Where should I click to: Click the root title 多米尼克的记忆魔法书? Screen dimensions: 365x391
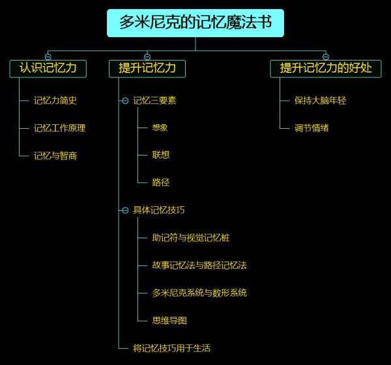pos(195,23)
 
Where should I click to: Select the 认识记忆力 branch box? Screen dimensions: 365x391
pos(48,68)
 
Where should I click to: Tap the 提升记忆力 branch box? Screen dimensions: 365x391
pos(147,68)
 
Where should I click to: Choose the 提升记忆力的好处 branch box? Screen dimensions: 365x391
pos(326,68)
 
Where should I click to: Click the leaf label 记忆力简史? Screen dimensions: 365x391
pos(55,101)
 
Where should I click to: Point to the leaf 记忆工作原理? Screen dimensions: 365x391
pos(59,128)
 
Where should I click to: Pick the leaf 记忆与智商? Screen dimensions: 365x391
pos(55,155)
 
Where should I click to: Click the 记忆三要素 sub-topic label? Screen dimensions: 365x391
pos(154,101)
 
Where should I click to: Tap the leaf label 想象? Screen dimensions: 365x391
pos(160,128)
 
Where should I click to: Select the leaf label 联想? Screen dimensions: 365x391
pos(160,155)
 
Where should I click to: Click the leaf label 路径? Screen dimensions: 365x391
pos(160,183)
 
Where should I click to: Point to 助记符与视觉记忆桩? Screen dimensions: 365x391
pos(190,238)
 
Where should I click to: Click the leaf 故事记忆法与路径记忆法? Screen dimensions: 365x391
pos(199,265)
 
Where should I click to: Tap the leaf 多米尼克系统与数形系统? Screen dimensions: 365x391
pos(199,293)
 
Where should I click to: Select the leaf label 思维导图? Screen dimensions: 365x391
pos(169,321)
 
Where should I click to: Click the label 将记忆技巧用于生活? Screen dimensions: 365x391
pos(171,348)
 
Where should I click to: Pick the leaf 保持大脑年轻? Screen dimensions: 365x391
pos(320,101)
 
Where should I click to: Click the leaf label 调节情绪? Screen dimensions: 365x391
pos(311,128)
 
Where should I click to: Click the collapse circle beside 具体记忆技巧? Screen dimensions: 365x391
pos(125,210)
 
